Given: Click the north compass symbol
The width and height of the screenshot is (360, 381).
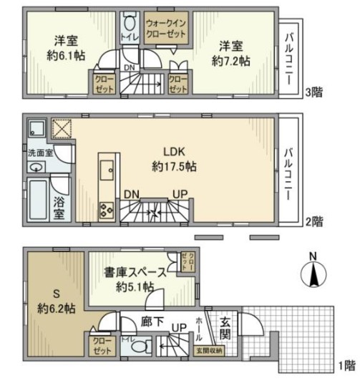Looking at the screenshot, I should (313, 274).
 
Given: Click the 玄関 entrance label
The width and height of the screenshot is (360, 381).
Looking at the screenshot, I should (224, 327).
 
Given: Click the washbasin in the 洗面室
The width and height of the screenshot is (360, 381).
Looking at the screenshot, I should (35, 166).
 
